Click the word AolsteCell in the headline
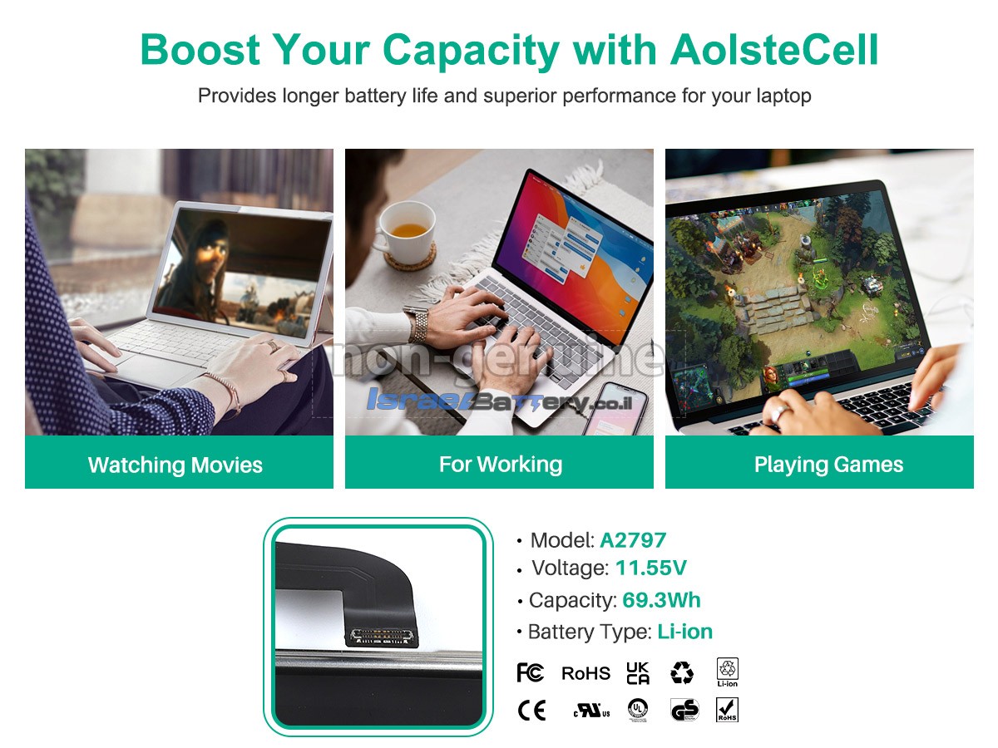[773, 50]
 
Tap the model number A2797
[633, 540]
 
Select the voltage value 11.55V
[650, 568]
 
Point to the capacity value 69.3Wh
[661, 600]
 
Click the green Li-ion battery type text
[684, 632]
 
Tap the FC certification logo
[530, 672]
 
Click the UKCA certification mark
[638, 673]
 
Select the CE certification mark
[531, 711]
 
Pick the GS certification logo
[684, 710]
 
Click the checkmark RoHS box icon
[727, 710]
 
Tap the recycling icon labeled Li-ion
[727, 672]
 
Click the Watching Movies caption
[175, 465]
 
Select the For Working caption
[501, 465]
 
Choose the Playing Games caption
[829, 465]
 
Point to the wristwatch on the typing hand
[417, 325]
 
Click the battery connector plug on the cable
[382, 637]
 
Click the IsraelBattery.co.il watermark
[499, 401]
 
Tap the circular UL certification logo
[638, 710]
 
